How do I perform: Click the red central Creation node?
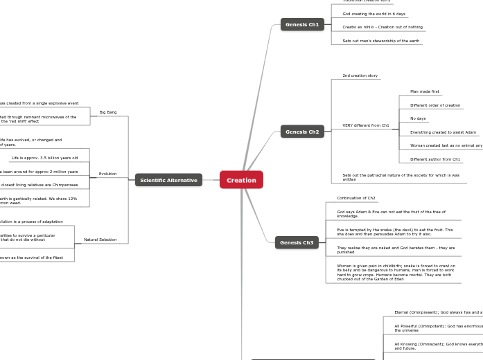coord(241,180)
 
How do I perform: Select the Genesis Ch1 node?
coord(302,25)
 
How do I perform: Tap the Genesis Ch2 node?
coord(302,132)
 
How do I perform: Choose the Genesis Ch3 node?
coord(297,242)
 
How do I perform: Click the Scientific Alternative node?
coord(168,180)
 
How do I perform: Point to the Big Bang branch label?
coord(108,112)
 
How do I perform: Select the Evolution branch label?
coord(107,174)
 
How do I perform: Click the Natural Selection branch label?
coord(100,240)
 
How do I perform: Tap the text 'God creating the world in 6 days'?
coord(374,14)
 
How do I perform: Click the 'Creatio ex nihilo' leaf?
coord(383,27)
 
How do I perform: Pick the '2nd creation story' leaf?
coord(360,75)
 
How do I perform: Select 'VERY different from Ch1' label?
coord(365,125)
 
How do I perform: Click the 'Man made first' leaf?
coord(425,91)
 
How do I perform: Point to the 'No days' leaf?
coord(418,118)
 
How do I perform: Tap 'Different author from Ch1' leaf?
coord(435,159)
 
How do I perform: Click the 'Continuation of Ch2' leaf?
coord(356,198)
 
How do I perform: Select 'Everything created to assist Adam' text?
coord(443,132)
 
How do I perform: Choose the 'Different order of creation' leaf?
coord(435,105)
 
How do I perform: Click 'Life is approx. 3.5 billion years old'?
coord(44,158)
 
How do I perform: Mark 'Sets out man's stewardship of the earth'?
coord(380,41)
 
